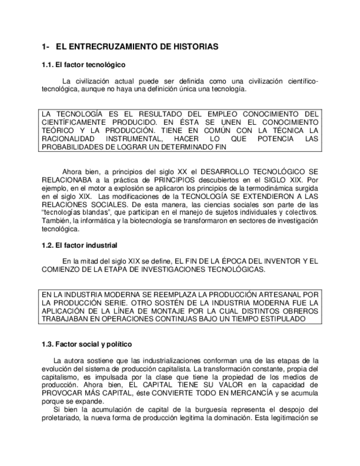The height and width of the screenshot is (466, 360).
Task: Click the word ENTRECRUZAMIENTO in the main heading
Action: [x=108, y=47]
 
